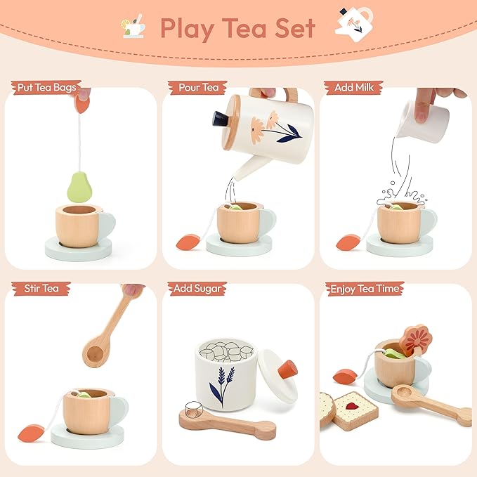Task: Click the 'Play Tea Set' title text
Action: point(237,28)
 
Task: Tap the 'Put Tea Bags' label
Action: point(44,87)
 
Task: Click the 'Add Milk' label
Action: point(353,87)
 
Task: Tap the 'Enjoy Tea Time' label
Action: point(364,289)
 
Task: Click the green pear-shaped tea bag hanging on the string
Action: point(80,185)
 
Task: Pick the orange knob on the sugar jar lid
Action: point(287,370)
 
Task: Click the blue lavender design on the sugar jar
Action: point(221,386)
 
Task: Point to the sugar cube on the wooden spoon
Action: point(191,410)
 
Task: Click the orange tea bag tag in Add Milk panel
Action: point(347,242)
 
